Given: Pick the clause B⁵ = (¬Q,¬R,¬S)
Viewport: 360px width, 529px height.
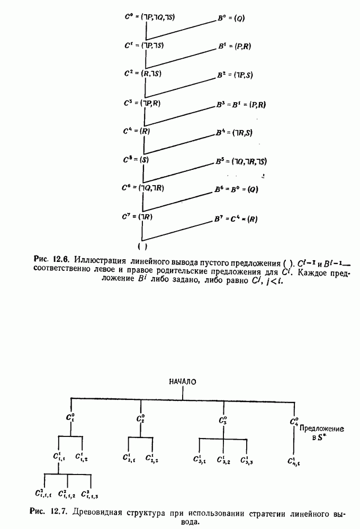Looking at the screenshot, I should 241,161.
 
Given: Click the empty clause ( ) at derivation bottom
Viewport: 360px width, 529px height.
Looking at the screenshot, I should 142,247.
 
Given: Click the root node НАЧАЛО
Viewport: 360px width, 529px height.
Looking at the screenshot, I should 183,382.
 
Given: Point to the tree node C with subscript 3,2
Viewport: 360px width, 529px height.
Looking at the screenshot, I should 222,459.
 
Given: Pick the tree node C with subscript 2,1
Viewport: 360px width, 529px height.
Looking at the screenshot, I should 128,458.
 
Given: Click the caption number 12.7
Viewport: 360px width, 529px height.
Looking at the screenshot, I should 58,512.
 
